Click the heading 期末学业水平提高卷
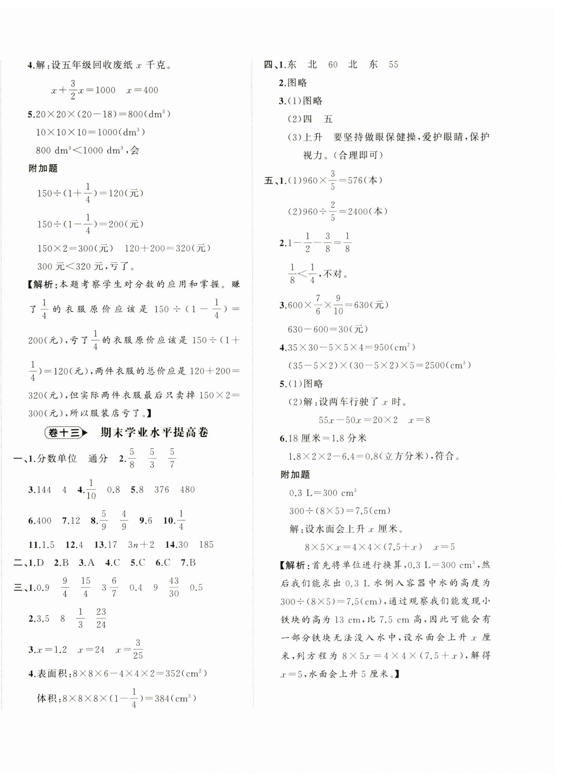(x=154, y=433)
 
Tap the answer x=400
(x=142, y=90)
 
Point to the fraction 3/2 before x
(x=73, y=90)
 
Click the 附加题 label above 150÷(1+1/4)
(x=43, y=168)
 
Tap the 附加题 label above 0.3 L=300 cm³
(x=295, y=474)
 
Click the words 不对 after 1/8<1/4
(x=332, y=274)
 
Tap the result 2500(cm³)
(x=448, y=366)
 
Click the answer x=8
(x=419, y=420)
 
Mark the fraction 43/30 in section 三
(x=174, y=587)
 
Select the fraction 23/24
(x=101, y=618)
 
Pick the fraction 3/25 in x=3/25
(x=138, y=649)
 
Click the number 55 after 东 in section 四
(x=393, y=65)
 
